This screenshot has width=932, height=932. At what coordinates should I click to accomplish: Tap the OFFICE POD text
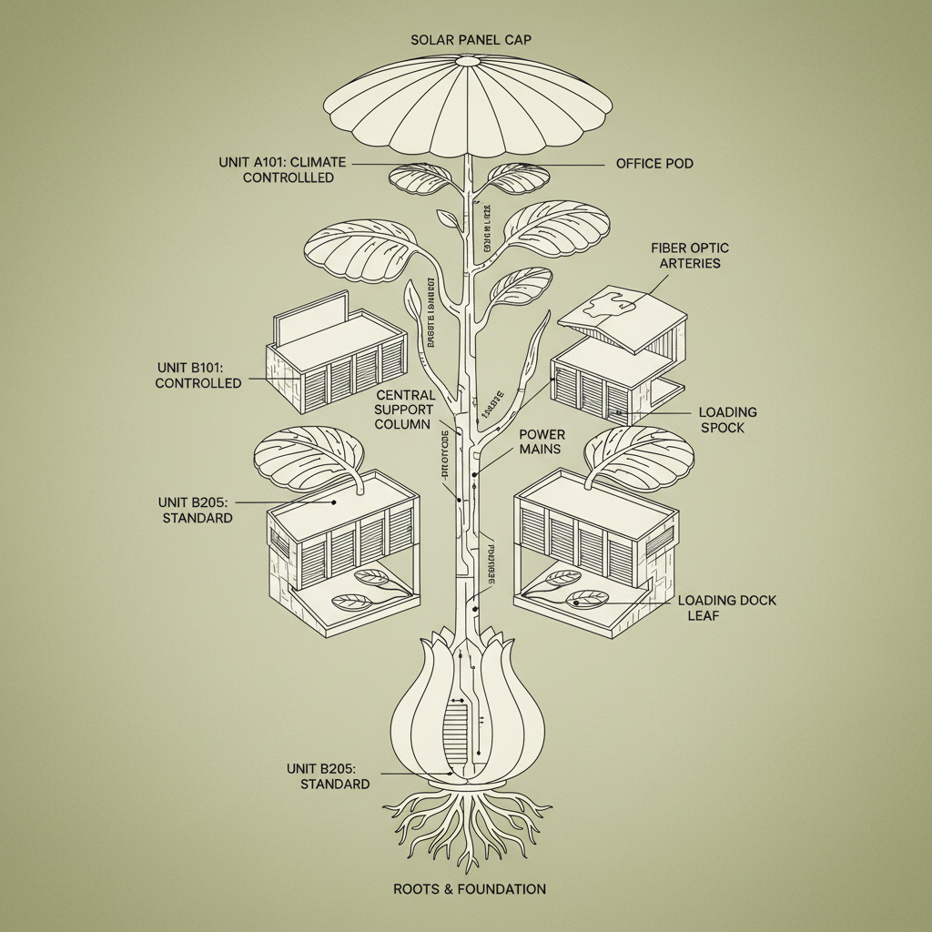[654, 164]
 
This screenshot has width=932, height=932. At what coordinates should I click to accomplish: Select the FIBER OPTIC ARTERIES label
[690, 256]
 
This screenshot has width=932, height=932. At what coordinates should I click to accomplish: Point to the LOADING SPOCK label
[727, 420]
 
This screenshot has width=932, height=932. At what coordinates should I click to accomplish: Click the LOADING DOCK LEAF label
[727, 609]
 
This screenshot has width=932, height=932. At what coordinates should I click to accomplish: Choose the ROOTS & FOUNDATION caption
[470, 888]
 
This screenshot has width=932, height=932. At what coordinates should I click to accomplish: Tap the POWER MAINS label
[542, 442]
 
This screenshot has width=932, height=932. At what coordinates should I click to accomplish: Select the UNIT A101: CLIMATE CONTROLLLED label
[282, 170]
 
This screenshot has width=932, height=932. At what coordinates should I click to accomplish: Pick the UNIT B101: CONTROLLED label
[198, 376]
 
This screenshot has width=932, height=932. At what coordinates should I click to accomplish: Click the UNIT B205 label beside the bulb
[328, 776]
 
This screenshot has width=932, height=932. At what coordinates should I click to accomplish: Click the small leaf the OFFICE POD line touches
[519, 175]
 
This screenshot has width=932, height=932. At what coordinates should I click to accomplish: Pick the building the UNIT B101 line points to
[337, 360]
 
